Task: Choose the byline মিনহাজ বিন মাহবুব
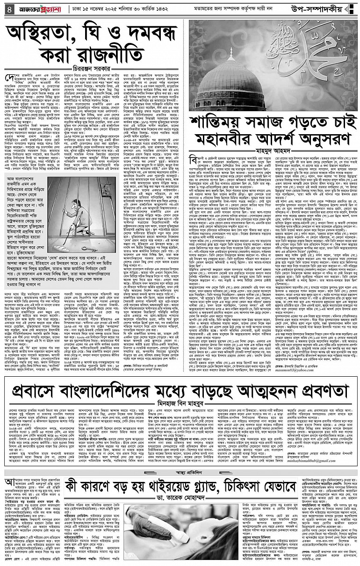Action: click(x=180, y=389)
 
